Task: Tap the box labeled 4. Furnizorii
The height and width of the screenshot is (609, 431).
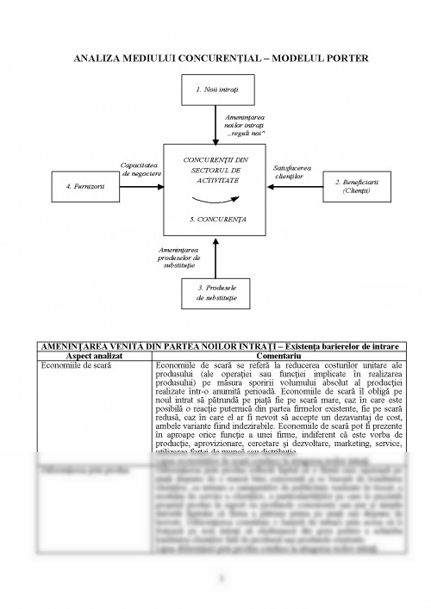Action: pyautogui.click(x=78, y=186)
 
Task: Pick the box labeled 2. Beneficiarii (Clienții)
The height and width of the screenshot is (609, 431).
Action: pyautogui.click(x=355, y=186)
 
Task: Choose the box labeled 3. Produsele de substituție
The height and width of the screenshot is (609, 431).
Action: pyautogui.click(x=216, y=293)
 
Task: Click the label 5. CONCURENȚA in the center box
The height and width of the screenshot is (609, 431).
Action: pyautogui.click(x=216, y=220)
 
